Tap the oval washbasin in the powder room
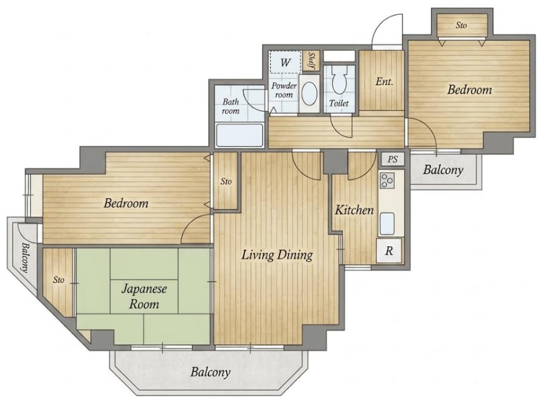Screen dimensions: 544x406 click(309, 94)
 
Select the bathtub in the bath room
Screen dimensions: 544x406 click(239, 135)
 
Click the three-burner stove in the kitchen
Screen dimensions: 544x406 click(387, 180)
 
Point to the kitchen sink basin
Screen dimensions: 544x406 click(387, 224)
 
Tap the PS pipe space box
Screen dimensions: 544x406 click(392, 159)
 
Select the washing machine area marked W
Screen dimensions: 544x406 click(285, 62)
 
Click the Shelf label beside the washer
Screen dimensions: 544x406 click(311, 60)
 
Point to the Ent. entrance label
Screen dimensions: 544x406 click(384, 82)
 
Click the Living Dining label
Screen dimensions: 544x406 click(277, 255)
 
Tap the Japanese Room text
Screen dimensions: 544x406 click(144, 297)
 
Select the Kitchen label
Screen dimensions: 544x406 click(354, 210)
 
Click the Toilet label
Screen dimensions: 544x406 click(338, 103)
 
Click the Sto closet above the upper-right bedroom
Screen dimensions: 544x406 click(461, 25)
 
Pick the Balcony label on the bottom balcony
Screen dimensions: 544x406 click(210, 372)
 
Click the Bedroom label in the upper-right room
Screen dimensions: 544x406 click(470, 90)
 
